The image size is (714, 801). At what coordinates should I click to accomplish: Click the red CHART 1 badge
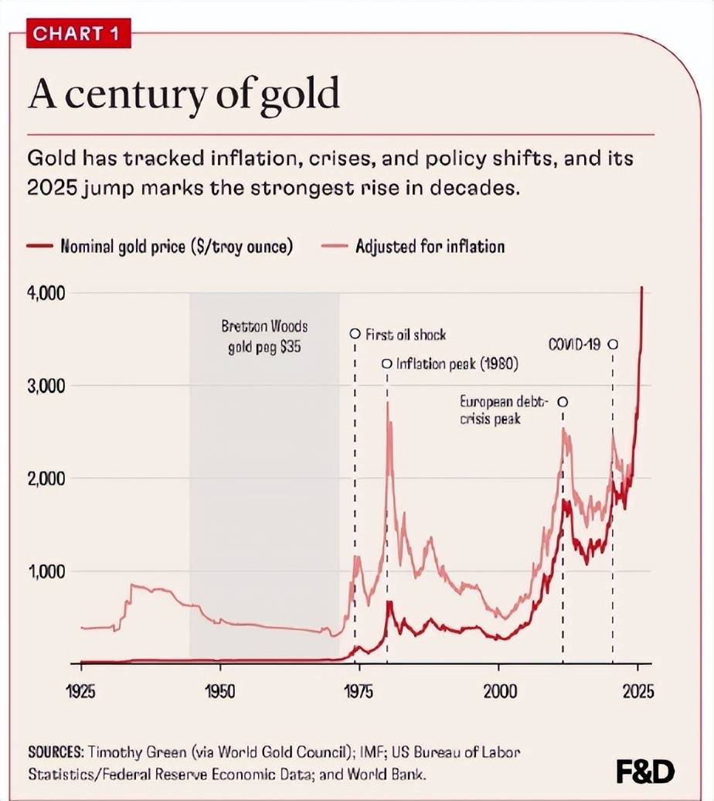78,34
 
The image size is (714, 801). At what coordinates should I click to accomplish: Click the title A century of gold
183,94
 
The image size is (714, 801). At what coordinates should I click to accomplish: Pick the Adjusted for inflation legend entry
430,247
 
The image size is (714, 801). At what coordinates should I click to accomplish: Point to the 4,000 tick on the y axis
47,294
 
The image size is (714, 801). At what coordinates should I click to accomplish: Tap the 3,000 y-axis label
47,386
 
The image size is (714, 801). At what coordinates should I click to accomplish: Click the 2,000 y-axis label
47,479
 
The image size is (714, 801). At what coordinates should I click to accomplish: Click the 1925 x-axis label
81,690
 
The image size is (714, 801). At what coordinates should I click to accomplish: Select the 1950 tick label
220,690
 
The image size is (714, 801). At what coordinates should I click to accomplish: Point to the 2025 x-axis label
637,690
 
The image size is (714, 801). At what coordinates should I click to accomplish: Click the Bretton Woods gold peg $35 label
263,336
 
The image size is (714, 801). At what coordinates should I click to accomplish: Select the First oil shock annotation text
405,335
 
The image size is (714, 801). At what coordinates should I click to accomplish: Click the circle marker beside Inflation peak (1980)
387,363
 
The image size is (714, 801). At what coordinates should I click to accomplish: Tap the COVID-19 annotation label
574,345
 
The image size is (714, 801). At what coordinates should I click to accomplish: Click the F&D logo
644,771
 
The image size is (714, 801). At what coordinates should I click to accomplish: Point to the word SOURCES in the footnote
55,751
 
